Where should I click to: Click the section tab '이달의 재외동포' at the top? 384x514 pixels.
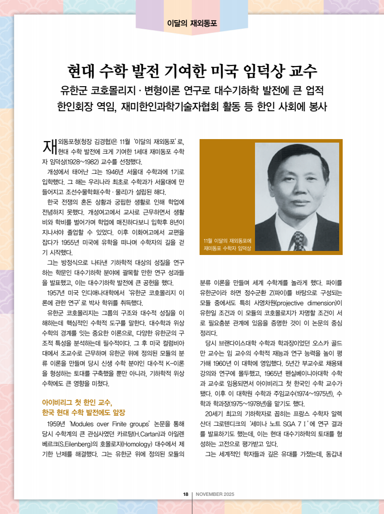pos(192,23)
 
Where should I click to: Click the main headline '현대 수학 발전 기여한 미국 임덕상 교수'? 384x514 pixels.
pos(192,71)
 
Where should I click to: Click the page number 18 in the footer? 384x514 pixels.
pos(185,494)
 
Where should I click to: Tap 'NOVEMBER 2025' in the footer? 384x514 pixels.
pos(215,494)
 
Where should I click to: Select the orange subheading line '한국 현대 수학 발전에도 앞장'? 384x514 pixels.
pos(83,412)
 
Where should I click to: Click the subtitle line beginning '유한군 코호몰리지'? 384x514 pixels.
pos(192,91)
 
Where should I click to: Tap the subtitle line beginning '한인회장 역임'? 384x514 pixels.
pos(192,107)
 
